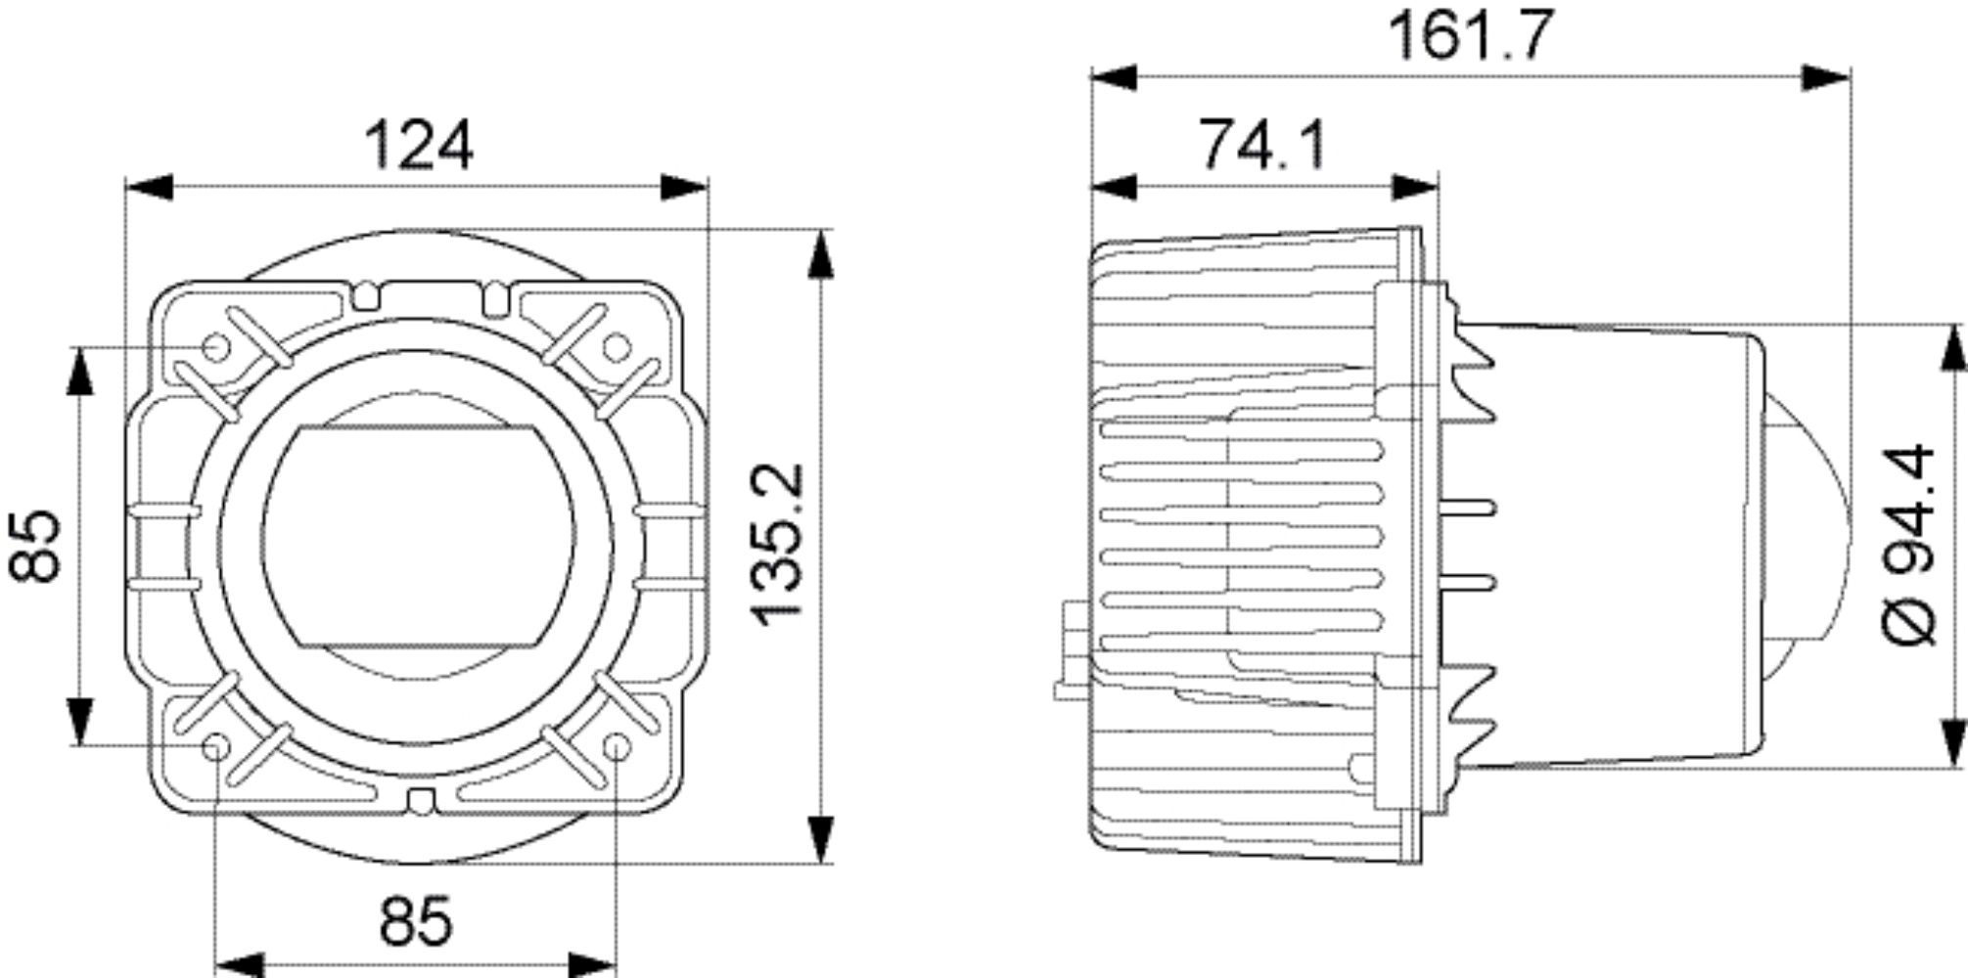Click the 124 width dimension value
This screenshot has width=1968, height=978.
coord(418,146)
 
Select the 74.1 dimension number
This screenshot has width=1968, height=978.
coord(1262,145)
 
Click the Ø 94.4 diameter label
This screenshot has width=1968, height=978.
coord(1908,545)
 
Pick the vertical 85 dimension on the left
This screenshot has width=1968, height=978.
coord(36,545)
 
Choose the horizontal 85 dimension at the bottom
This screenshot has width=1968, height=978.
coord(416,920)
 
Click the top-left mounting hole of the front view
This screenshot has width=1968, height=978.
coord(216,348)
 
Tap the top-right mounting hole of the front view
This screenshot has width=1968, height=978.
coord(616,348)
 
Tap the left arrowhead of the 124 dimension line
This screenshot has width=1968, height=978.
coord(149,188)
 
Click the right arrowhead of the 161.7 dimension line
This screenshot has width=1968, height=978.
coord(1826,77)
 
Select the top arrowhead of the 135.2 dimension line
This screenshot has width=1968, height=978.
coord(822,254)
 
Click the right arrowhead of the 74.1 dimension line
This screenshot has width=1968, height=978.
coord(1414,187)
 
